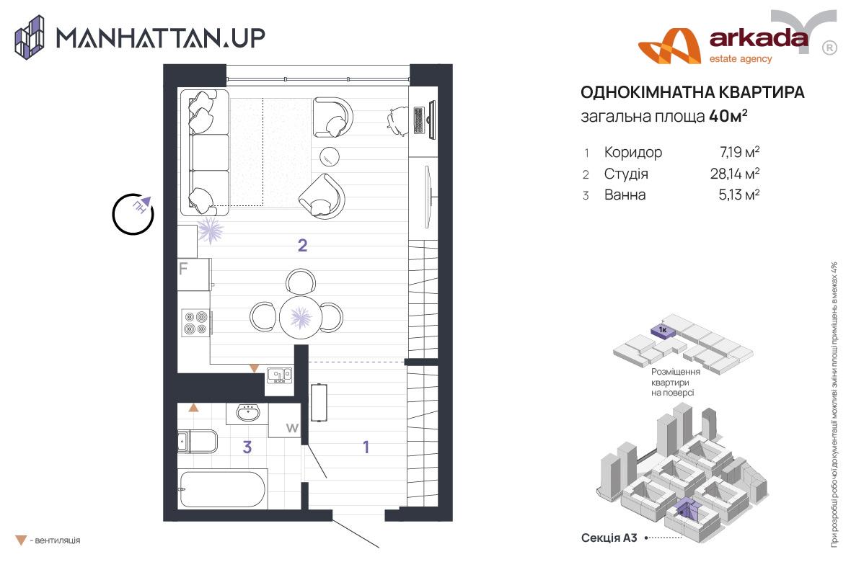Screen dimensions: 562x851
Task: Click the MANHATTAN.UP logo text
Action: click(x=160, y=37)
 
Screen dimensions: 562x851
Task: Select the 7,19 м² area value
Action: click(x=735, y=152)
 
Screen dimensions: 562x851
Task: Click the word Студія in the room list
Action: click(x=626, y=174)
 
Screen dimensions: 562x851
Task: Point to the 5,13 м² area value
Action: click(x=735, y=195)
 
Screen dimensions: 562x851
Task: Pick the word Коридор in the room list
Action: click(x=633, y=152)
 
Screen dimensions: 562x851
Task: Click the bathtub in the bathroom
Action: click(x=223, y=489)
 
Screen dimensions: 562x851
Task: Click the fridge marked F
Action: click(x=193, y=275)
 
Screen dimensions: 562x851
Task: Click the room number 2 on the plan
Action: click(x=303, y=246)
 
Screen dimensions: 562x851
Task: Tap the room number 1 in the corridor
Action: click(x=366, y=447)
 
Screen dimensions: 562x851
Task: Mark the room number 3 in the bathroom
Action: click(x=247, y=447)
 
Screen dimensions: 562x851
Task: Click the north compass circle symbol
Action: click(x=133, y=213)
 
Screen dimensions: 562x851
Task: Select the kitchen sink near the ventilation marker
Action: click(x=278, y=375)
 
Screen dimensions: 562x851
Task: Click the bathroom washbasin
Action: click(x=248, y=413)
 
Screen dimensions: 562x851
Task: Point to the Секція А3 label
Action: click(x=609, y=538)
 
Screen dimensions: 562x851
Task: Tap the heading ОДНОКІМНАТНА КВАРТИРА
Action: click(x=692, y=93)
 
